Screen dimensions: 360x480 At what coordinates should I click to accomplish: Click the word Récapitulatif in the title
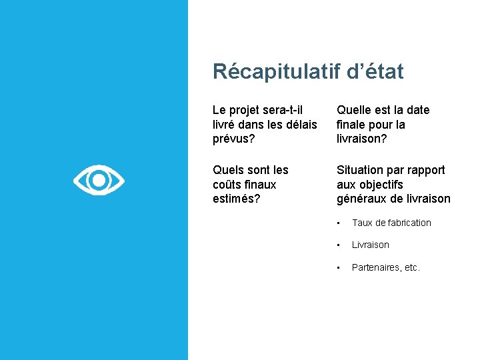pyautogui.click(x=277, y=71)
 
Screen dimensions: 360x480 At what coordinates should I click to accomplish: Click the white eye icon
pyautogui.click(x=99, y=180)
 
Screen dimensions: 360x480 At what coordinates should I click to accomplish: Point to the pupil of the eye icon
pyautogui.click(x=99, y=180)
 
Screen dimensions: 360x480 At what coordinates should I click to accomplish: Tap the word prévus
pyautogui.click(x=233, y=139)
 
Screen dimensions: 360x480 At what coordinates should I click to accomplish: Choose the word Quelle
pyautogui.click(x=355, y=110)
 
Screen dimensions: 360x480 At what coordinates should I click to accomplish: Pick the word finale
pyautogui.click(x=354, y=125)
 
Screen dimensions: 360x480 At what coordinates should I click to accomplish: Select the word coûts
pyautogui.click(x=228, y=185)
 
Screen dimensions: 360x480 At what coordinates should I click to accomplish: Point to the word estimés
pyautogui.click(x=235, y=199)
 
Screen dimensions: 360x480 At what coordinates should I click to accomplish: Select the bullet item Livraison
pyautogui.click(x=370, y=245)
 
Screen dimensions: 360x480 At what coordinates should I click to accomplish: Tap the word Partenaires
pyautogui.click(x=376, y=267)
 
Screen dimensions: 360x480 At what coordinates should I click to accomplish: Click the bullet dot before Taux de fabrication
pyautogui.click(x=339, y=223)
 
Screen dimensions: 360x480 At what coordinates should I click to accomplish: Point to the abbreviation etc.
pyautogui.click(x=412, y=267)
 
